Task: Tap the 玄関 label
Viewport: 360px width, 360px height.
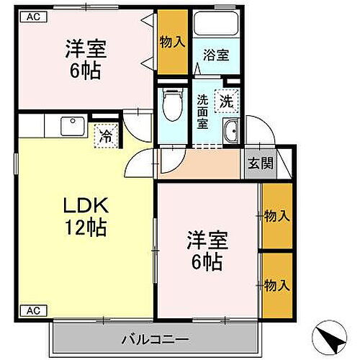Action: click(x=261, y=163)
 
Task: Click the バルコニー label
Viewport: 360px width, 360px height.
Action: click(x=153, y=337)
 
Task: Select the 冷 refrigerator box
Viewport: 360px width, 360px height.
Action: click(x=105, y=134)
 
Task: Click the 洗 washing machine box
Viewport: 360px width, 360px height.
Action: click(x=227, y=102)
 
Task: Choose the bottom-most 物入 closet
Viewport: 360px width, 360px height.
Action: click(x=277, y=284)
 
